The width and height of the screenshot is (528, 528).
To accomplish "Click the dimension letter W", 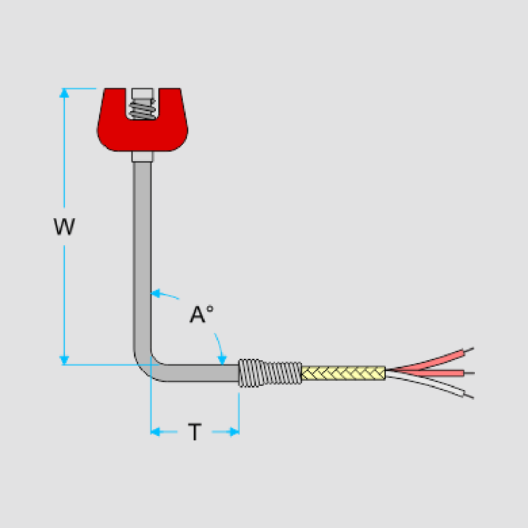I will point(64,227).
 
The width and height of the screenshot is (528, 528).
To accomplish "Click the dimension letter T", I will point(195,432).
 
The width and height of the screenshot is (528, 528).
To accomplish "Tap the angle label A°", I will point(201,314).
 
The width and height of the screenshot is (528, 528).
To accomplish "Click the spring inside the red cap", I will point(142,109).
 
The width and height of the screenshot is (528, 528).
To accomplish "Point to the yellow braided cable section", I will point(344,373).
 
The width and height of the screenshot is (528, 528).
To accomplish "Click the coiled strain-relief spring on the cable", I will point(270,373).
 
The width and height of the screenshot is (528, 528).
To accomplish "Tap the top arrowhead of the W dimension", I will point(64,93).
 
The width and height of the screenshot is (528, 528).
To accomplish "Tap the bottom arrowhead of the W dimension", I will point(64,360).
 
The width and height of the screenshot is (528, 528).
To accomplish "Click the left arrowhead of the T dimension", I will point(155,432).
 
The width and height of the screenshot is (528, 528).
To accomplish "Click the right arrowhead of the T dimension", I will point(234,432).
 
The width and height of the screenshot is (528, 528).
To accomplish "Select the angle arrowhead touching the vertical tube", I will point(155,293).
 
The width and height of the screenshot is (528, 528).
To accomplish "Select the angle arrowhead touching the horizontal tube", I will point(222,360).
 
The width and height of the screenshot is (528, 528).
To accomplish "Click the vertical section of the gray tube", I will point(142,246).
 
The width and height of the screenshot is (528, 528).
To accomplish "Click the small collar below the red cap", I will point(142,156).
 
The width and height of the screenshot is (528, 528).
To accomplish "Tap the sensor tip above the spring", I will point(142,94).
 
